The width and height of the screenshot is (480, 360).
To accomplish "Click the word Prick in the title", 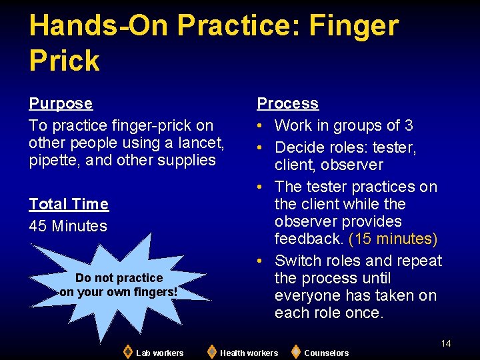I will click(x=64, y=61).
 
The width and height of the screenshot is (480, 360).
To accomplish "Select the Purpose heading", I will click(x=61, y=103).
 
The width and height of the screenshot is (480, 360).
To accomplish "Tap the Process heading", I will click(x=288, y=103).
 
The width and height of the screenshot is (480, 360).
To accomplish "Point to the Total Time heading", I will click(x=69, y=204).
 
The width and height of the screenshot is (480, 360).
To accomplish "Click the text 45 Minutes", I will click(x=68, y=226).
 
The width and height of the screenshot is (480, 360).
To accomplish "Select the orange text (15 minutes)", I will click(x=393, y=239).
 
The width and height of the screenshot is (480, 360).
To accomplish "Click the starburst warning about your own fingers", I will click(x=119, y=285).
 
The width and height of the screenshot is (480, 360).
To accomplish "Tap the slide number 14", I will click(x=446, y=343).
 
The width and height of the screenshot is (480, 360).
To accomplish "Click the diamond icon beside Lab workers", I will click(x=127, y=351).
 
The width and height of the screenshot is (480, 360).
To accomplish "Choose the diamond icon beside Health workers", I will click(x=211, y=351).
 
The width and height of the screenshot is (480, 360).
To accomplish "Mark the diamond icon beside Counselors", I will click(x=295, y=351).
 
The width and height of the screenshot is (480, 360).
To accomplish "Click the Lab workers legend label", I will click(x=159, y=353).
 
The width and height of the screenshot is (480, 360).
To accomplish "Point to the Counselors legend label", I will click(x=326, y=353).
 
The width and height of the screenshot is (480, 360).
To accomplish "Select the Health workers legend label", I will click(x=249, y=353).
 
